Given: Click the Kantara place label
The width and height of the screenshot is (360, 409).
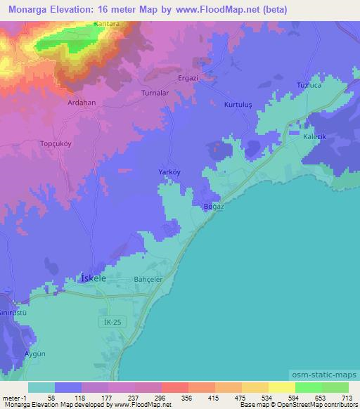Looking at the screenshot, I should coord(107,25).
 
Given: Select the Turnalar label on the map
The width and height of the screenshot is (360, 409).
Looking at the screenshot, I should coord(155,93).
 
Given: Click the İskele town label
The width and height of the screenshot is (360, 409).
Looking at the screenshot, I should coord(94,278).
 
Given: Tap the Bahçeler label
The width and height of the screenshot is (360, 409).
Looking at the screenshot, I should coord(148,279).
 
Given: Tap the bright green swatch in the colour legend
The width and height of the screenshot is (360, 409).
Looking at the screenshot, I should coord(308,387).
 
